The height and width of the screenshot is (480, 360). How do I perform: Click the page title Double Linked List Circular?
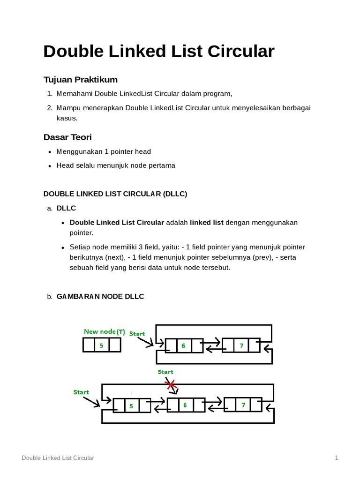click(158, 52)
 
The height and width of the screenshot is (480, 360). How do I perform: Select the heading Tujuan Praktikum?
click(80, 79)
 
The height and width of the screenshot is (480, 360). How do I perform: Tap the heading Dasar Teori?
click(67, 137)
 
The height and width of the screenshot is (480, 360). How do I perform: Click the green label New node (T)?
click(105, 332)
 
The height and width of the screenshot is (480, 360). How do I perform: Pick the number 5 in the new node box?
click(101, 345)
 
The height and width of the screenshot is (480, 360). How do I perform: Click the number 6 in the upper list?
click(183, 346)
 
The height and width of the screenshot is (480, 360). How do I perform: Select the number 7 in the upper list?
click(241, 346)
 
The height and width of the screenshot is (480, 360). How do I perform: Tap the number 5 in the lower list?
click(131, 406)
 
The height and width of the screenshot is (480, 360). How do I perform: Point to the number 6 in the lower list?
click(185, 405)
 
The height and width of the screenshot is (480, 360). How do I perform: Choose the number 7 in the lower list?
click(243, 405)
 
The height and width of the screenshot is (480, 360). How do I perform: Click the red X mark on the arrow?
click(171, 385)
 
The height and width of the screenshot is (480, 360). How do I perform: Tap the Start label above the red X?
click(165, 372)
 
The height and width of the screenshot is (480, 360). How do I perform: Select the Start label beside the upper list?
click(137, 334)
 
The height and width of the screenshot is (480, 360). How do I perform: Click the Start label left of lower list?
click(81, 392)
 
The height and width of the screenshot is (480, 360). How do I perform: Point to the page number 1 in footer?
click(336, 458)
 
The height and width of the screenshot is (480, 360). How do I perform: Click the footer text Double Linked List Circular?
click(58, 458)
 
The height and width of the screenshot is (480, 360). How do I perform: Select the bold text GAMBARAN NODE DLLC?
click(100, 296)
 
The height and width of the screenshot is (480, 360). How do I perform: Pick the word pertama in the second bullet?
click(162, 165)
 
